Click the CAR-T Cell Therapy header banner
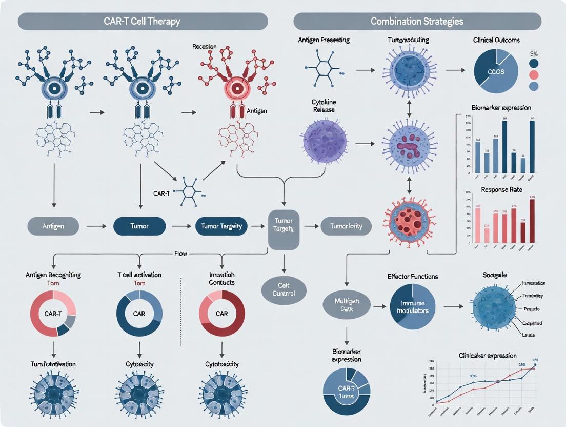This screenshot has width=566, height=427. click(x=143, y=22)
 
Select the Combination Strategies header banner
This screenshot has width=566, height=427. click(x=417, y=22)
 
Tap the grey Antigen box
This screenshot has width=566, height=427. click(x=53, y=226)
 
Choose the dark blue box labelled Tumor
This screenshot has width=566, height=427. click(x=139, y=226)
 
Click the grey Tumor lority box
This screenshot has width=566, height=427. click(x=346, y=226)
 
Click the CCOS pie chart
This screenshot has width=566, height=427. click(x=495, y=71)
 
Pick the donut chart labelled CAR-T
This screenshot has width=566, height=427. click(x=53, y=313)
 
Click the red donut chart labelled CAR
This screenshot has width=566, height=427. click(x=221, y=313)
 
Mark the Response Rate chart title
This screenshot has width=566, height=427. click(x=501, y=189)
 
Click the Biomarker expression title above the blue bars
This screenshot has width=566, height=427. click(x=501, y=108)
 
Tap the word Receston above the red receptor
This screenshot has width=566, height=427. click(x=204, y=46)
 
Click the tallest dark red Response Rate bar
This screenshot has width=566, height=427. click(x=532, y=220)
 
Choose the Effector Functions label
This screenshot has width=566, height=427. click(x=413, y=277)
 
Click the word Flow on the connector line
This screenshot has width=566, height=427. click(x=181, y=253)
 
